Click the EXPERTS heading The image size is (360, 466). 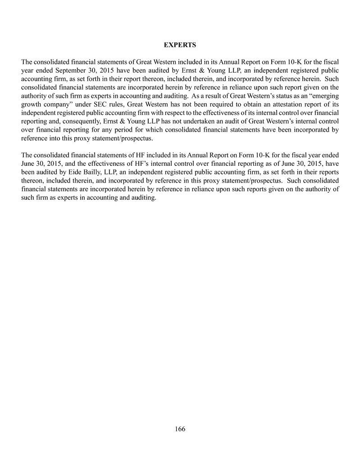(x=180, y=45)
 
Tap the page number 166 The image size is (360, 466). (x=180, y=429)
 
